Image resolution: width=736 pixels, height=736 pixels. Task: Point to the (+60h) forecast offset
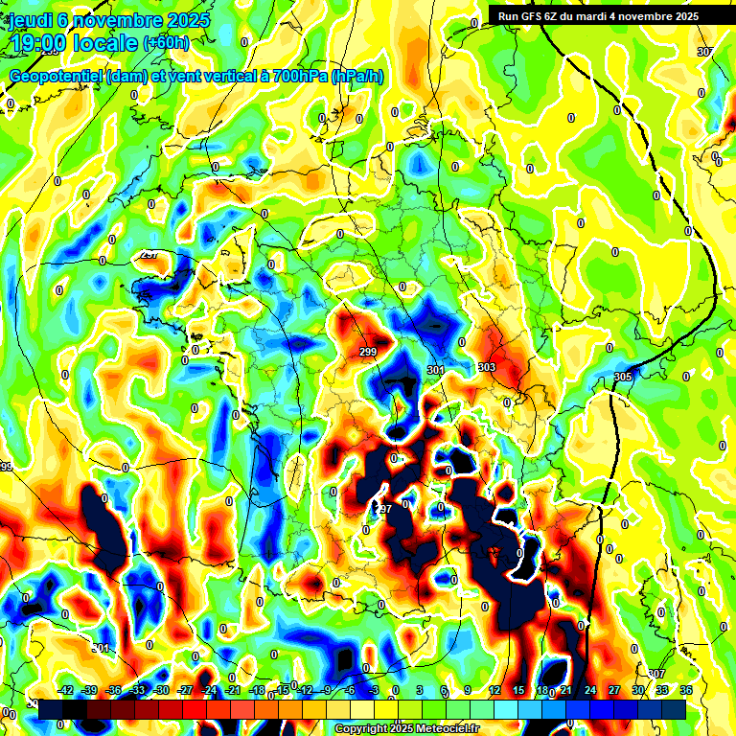tap(166, 43)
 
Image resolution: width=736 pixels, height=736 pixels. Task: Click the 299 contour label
tap(368, 353)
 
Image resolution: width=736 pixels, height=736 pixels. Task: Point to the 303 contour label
tap(486, 367)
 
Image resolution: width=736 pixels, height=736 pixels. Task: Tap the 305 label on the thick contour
tap(623, 377)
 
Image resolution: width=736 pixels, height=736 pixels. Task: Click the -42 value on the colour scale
tap(66, 690)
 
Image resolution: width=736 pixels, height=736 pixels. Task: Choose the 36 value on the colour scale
tap(686, 690)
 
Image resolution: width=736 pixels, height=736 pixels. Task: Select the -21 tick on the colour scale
tap(233, 690)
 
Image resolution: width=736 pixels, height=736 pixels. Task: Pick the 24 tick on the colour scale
tap(590, 690)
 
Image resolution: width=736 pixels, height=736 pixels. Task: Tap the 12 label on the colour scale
tap(494, 690)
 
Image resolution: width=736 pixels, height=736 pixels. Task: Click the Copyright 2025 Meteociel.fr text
tap(408, 728)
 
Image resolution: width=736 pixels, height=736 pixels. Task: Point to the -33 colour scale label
tap(138, 690)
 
